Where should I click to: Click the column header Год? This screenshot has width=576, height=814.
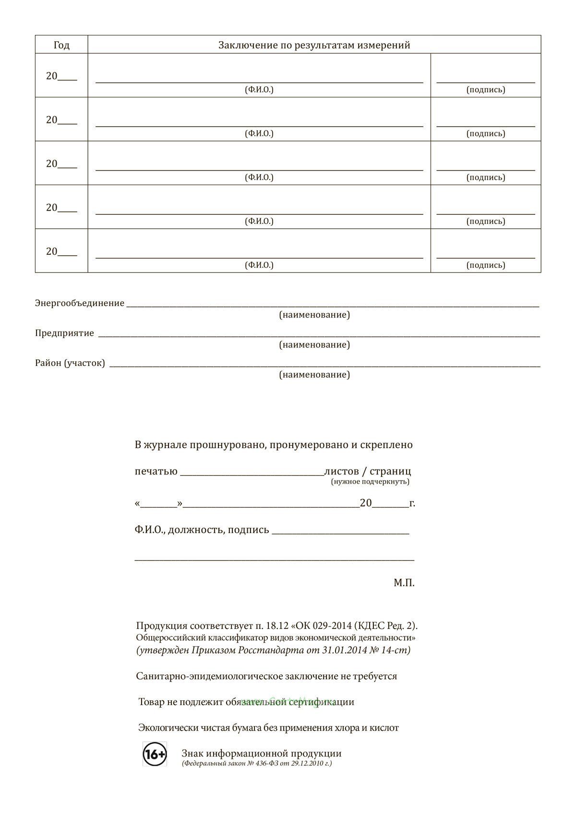coord(61,45)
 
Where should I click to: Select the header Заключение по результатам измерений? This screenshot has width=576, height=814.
coord(314,45)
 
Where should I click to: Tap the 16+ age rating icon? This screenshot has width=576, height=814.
coord(155,754)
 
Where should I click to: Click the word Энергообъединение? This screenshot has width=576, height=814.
coord(80,303)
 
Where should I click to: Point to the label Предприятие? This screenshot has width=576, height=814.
coord(64,333)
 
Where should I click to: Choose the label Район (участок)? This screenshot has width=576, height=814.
coord(70,363)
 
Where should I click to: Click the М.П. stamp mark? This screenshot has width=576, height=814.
coord(404,583)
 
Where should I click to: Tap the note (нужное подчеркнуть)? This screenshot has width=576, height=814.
coord(370,482)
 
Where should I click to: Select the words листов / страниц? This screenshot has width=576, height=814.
coord(368,471)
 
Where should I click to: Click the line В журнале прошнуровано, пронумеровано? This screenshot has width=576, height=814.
coord(274,445)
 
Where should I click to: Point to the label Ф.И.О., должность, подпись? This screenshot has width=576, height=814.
coord(202,530)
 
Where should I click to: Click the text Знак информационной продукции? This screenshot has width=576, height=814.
coord(262,753)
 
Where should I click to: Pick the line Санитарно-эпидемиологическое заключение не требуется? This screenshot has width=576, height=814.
coord(266,676)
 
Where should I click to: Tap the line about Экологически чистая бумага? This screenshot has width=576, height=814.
coord(268,728)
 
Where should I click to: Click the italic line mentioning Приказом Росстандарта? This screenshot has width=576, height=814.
coord(273,650)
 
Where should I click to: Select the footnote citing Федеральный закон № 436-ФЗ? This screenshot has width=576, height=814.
coord(257,763)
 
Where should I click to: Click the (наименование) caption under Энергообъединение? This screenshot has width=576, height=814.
coord(314,315)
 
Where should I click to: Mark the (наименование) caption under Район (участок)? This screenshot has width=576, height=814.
coord(314,375)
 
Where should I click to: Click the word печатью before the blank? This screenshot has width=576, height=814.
coord(156,471)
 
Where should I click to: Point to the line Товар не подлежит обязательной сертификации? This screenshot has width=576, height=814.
coord(246,702)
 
